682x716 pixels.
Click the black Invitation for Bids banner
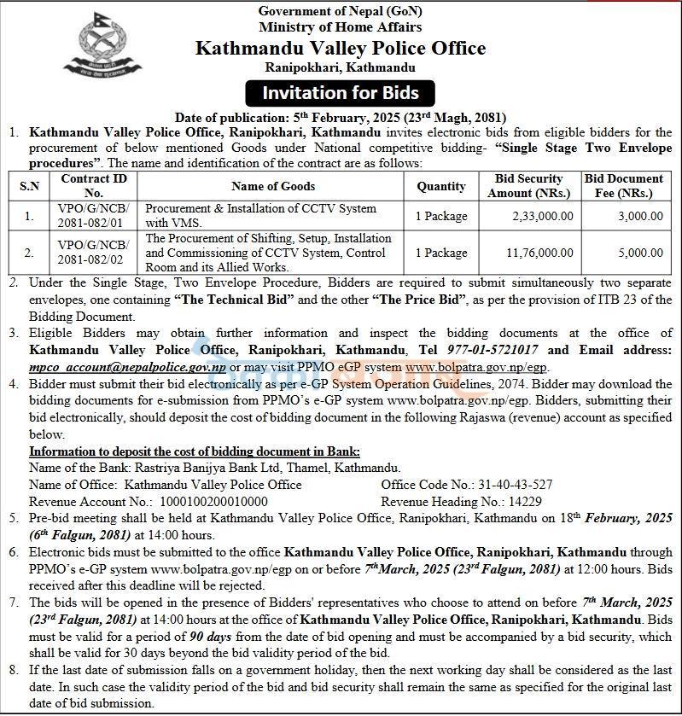pos(340,92)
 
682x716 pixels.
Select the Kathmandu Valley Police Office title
pos(341,48)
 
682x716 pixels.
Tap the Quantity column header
pos(441,186)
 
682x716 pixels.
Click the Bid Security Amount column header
pos(528,186)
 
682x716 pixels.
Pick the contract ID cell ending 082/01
pos(94,216)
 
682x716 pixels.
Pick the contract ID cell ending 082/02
pos(94,253)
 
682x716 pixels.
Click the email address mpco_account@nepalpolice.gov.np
pos(128,366)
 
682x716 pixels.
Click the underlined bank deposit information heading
pos(195,451)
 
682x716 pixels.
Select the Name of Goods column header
pos(273,186)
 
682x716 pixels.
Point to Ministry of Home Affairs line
pos(340,27)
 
